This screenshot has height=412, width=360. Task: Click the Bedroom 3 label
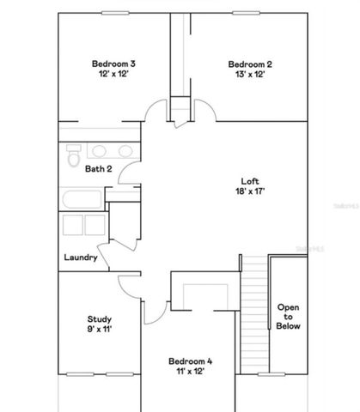click(114, 64)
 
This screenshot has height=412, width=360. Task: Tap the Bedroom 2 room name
click(250, 64)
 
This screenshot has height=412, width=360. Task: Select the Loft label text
click(250, 181)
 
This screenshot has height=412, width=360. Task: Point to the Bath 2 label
click(98, 169)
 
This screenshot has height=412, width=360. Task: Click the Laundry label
click(80, 257)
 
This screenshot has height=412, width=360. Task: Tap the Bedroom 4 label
click(190, 361)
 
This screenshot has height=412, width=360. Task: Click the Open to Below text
click(288, 316)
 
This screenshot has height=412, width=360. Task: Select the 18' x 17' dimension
click(250, 192)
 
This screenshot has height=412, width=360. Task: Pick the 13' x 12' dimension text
click(250, 75)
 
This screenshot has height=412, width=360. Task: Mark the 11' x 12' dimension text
click(190, 373)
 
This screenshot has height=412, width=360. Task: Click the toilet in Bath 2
click(73, 159)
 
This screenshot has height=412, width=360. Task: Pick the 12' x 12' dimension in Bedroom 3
click(114, 75)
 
